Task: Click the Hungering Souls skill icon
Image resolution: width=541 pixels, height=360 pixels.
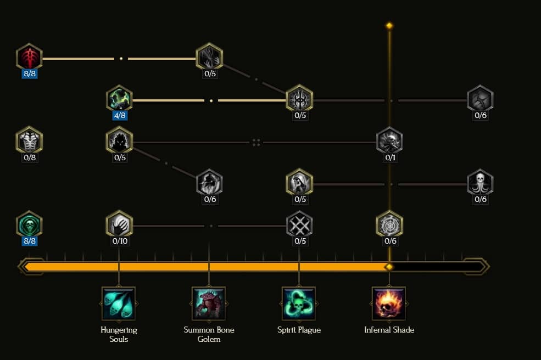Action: click(x=119, y=303)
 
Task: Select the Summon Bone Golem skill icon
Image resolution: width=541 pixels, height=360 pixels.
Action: click(x=209, y=303)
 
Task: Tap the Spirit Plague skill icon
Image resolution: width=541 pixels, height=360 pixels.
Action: click(x=299, y=303)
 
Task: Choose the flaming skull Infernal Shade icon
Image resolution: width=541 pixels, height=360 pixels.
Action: click(x=389, y=303)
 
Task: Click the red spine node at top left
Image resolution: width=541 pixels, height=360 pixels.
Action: click(x=29, y=57)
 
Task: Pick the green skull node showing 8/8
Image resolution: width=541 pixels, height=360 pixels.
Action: click(x=29, y=224)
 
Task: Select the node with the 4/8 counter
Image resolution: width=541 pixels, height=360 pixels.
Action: click(x=119, y=99)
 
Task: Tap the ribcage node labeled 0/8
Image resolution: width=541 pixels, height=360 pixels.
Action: click(x=29, y=140)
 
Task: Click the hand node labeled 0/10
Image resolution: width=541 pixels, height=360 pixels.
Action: click(x=119, y=224)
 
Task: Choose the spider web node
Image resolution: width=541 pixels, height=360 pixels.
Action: click(x=389, y=224)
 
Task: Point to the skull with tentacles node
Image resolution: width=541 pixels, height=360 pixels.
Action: click(x=480, y=182)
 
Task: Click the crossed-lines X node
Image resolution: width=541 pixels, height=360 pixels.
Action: click(x=299, y=224)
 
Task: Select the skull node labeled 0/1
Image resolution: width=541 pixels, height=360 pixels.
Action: click(x=389, y=140)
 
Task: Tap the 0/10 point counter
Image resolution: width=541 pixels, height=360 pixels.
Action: click(x=120, y=241)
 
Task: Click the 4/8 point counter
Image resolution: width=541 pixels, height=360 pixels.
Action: click(x=120, y=115)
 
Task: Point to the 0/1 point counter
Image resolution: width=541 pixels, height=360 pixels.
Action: click(x=390, y=157)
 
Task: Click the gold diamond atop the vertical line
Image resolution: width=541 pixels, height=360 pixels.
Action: click(x=389, y=25)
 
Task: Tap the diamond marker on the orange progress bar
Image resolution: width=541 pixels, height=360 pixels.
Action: click(x=389, y=267)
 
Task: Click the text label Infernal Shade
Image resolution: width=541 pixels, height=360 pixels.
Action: click(x=389, y=330)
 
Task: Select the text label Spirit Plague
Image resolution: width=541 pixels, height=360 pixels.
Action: click(x=299, y=330)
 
